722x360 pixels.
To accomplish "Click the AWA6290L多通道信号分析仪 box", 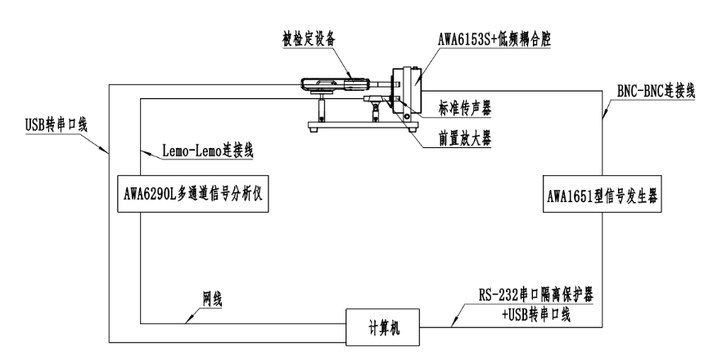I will click(195, 194).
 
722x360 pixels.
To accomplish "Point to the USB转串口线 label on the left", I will click(56, 125).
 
